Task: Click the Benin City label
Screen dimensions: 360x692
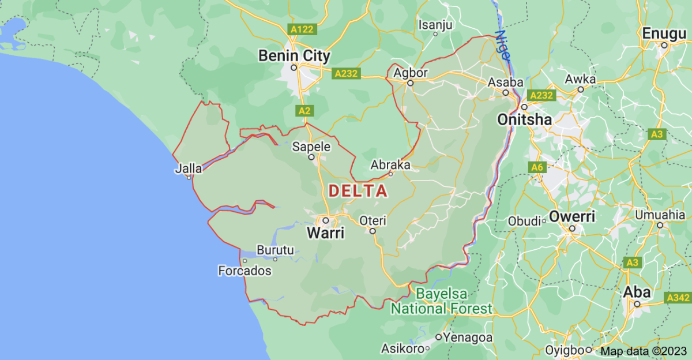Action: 294,56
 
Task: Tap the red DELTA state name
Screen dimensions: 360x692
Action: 358,191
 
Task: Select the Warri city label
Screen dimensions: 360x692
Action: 326,233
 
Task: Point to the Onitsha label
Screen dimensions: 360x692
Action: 524,119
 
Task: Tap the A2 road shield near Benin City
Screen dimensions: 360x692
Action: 305,110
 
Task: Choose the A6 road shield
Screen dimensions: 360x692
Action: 537,167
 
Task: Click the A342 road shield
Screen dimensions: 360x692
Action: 678,298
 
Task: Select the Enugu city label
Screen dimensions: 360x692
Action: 664,32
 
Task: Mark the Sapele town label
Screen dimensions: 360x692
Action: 311,147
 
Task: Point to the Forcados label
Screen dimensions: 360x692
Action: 245,270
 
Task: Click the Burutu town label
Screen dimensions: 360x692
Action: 275,250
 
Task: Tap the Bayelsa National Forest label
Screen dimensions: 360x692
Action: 442,301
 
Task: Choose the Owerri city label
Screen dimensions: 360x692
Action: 571,217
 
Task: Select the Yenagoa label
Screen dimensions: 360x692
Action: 467,337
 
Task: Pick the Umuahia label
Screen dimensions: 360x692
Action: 660,215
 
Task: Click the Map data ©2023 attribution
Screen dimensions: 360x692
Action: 644,350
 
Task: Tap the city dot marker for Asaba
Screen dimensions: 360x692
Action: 505,92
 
